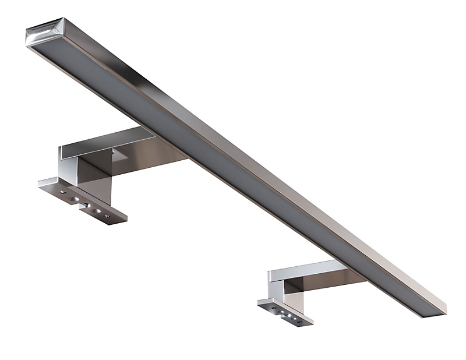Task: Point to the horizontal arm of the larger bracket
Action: click(108, 142)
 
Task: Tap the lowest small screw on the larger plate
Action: click(107, 217)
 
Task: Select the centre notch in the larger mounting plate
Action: click(86, 204)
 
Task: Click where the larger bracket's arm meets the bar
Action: click(175, 153)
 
